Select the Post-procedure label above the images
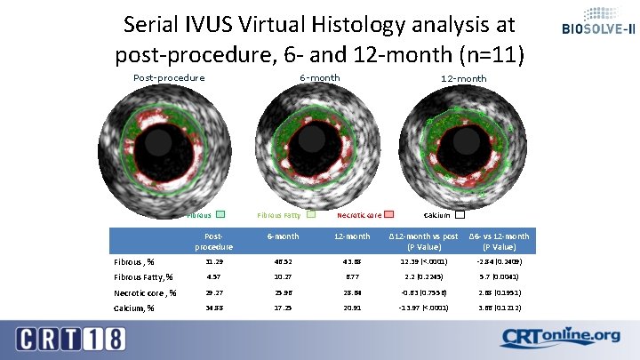pyautogui.click(x=169, y=77)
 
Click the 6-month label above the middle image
pyautogui.click(x=319, y=77)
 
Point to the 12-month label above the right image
pyautogui.click(x=464, y=78)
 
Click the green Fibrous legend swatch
pyautogui.click(x=220, y=214)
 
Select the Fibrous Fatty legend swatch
pyautogui.click(x=310, y=214)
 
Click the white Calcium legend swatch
pyautogui.click(x=460, y=214)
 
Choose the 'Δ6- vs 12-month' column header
pyautogui.click(x=499, y=241)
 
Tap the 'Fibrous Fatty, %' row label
pyautogui.click(x=144, y=277)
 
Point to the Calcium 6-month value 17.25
pyautogui.click(x=282, y=308)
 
